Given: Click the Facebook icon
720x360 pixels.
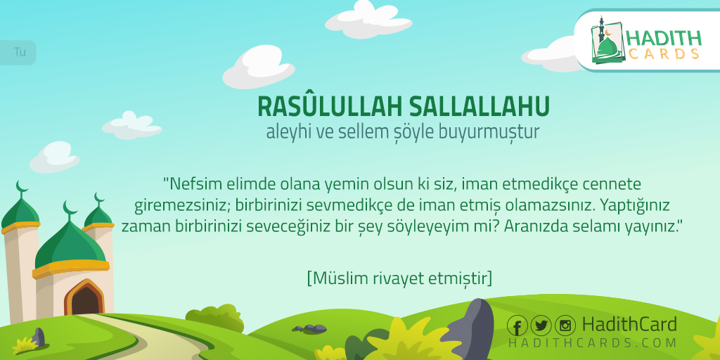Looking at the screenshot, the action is tap(517, 326).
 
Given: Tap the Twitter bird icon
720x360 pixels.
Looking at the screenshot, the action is tap(541, 326).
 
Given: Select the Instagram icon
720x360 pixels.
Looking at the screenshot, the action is tap(565, 326).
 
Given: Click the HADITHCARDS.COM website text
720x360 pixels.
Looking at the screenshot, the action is tap(592, 343).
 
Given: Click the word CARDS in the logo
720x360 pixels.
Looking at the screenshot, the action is tap(664, 53).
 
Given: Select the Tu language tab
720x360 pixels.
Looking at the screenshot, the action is tap(18, 52).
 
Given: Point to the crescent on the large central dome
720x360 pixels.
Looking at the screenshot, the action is tap(69, 210).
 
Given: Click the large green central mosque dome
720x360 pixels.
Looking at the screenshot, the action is tap(70, 243).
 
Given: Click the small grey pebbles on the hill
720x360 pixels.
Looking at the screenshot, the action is tap(311, 328).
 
